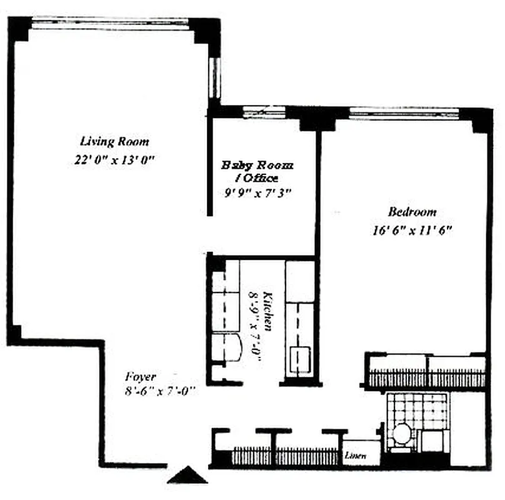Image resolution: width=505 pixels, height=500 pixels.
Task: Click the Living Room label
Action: coord(115,141)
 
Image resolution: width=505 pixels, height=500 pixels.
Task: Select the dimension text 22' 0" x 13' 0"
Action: coord(114,160)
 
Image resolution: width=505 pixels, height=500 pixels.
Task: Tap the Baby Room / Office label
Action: coord(257,172)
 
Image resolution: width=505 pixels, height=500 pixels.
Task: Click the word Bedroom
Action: coord(412,211)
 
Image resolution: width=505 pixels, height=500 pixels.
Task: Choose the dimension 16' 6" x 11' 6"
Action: coord(411,230)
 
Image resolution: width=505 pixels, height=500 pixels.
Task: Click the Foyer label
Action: coord(140,377)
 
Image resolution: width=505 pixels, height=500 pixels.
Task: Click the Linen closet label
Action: coord(356,456)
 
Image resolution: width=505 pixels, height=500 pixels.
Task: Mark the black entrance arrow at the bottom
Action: coord(188,477)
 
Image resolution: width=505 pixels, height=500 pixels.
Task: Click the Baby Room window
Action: coord(263,112)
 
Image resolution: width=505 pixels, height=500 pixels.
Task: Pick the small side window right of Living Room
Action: coord(215,77)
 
